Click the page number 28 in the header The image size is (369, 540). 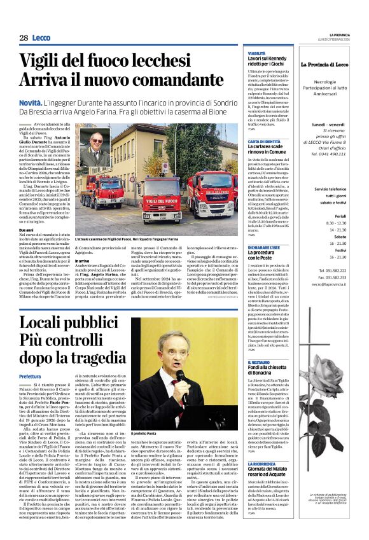pos(24,38)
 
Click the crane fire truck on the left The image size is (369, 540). pos(102,190)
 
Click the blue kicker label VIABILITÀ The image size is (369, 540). pos(256,53)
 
